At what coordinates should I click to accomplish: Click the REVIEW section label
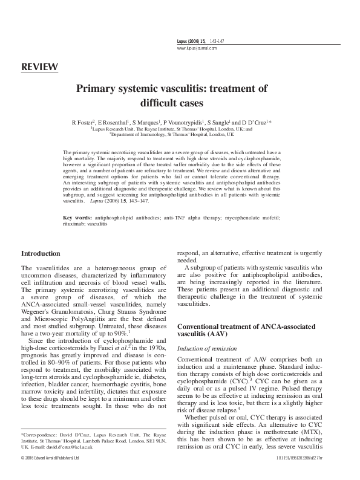click(x=39, y=66)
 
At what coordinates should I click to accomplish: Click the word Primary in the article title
click(x=97, y=88)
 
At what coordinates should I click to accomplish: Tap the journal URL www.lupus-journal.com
click(x=197, y=47)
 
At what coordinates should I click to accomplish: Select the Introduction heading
click(x=44, y=253)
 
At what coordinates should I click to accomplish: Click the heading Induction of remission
click(x=206, y=349)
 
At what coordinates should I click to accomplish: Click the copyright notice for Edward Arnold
click(x=54, y=475)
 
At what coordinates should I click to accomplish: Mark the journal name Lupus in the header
click(x=183, y=41)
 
